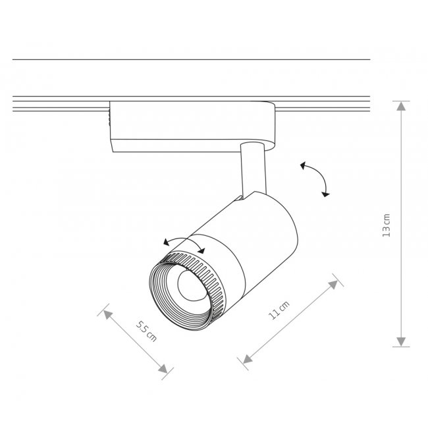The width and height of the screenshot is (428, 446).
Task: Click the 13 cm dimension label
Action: tap(387, 225)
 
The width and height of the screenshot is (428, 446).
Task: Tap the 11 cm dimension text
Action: tap(279, 310)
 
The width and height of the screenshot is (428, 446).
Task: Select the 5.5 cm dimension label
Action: tap(146, 331)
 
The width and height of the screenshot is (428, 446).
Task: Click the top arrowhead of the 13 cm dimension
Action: tap(401, 106)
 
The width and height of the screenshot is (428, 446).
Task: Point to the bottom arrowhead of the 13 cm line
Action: tap(401, 342)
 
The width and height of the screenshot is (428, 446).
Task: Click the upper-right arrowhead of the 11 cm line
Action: tap(333, 285)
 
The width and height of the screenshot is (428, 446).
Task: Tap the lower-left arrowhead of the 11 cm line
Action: tap(248, 360)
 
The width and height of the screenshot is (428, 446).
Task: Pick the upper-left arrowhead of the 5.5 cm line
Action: tap(108, 315)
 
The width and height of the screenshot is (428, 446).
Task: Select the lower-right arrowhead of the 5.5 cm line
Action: tap(163, 369)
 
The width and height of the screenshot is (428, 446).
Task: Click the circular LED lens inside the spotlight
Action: tap(192, 285)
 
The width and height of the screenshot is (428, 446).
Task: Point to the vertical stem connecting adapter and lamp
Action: tap(254, 170)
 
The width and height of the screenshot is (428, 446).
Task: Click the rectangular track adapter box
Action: tap(192, 126)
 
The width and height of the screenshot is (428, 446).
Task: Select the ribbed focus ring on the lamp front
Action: tap(186, 291)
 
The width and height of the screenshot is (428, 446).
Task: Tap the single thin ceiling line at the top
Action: tap(191, 59)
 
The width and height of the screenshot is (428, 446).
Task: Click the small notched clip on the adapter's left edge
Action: tap(109, 118)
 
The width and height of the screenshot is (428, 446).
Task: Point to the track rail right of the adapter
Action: tap(323, 104)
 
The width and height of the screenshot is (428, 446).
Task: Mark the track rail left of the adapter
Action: tap(61, 104)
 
